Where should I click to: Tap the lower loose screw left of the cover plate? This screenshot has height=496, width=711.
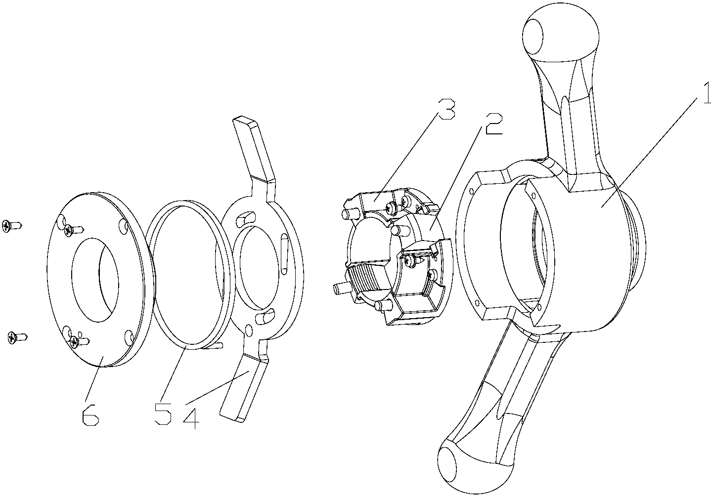tap(17, 337)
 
